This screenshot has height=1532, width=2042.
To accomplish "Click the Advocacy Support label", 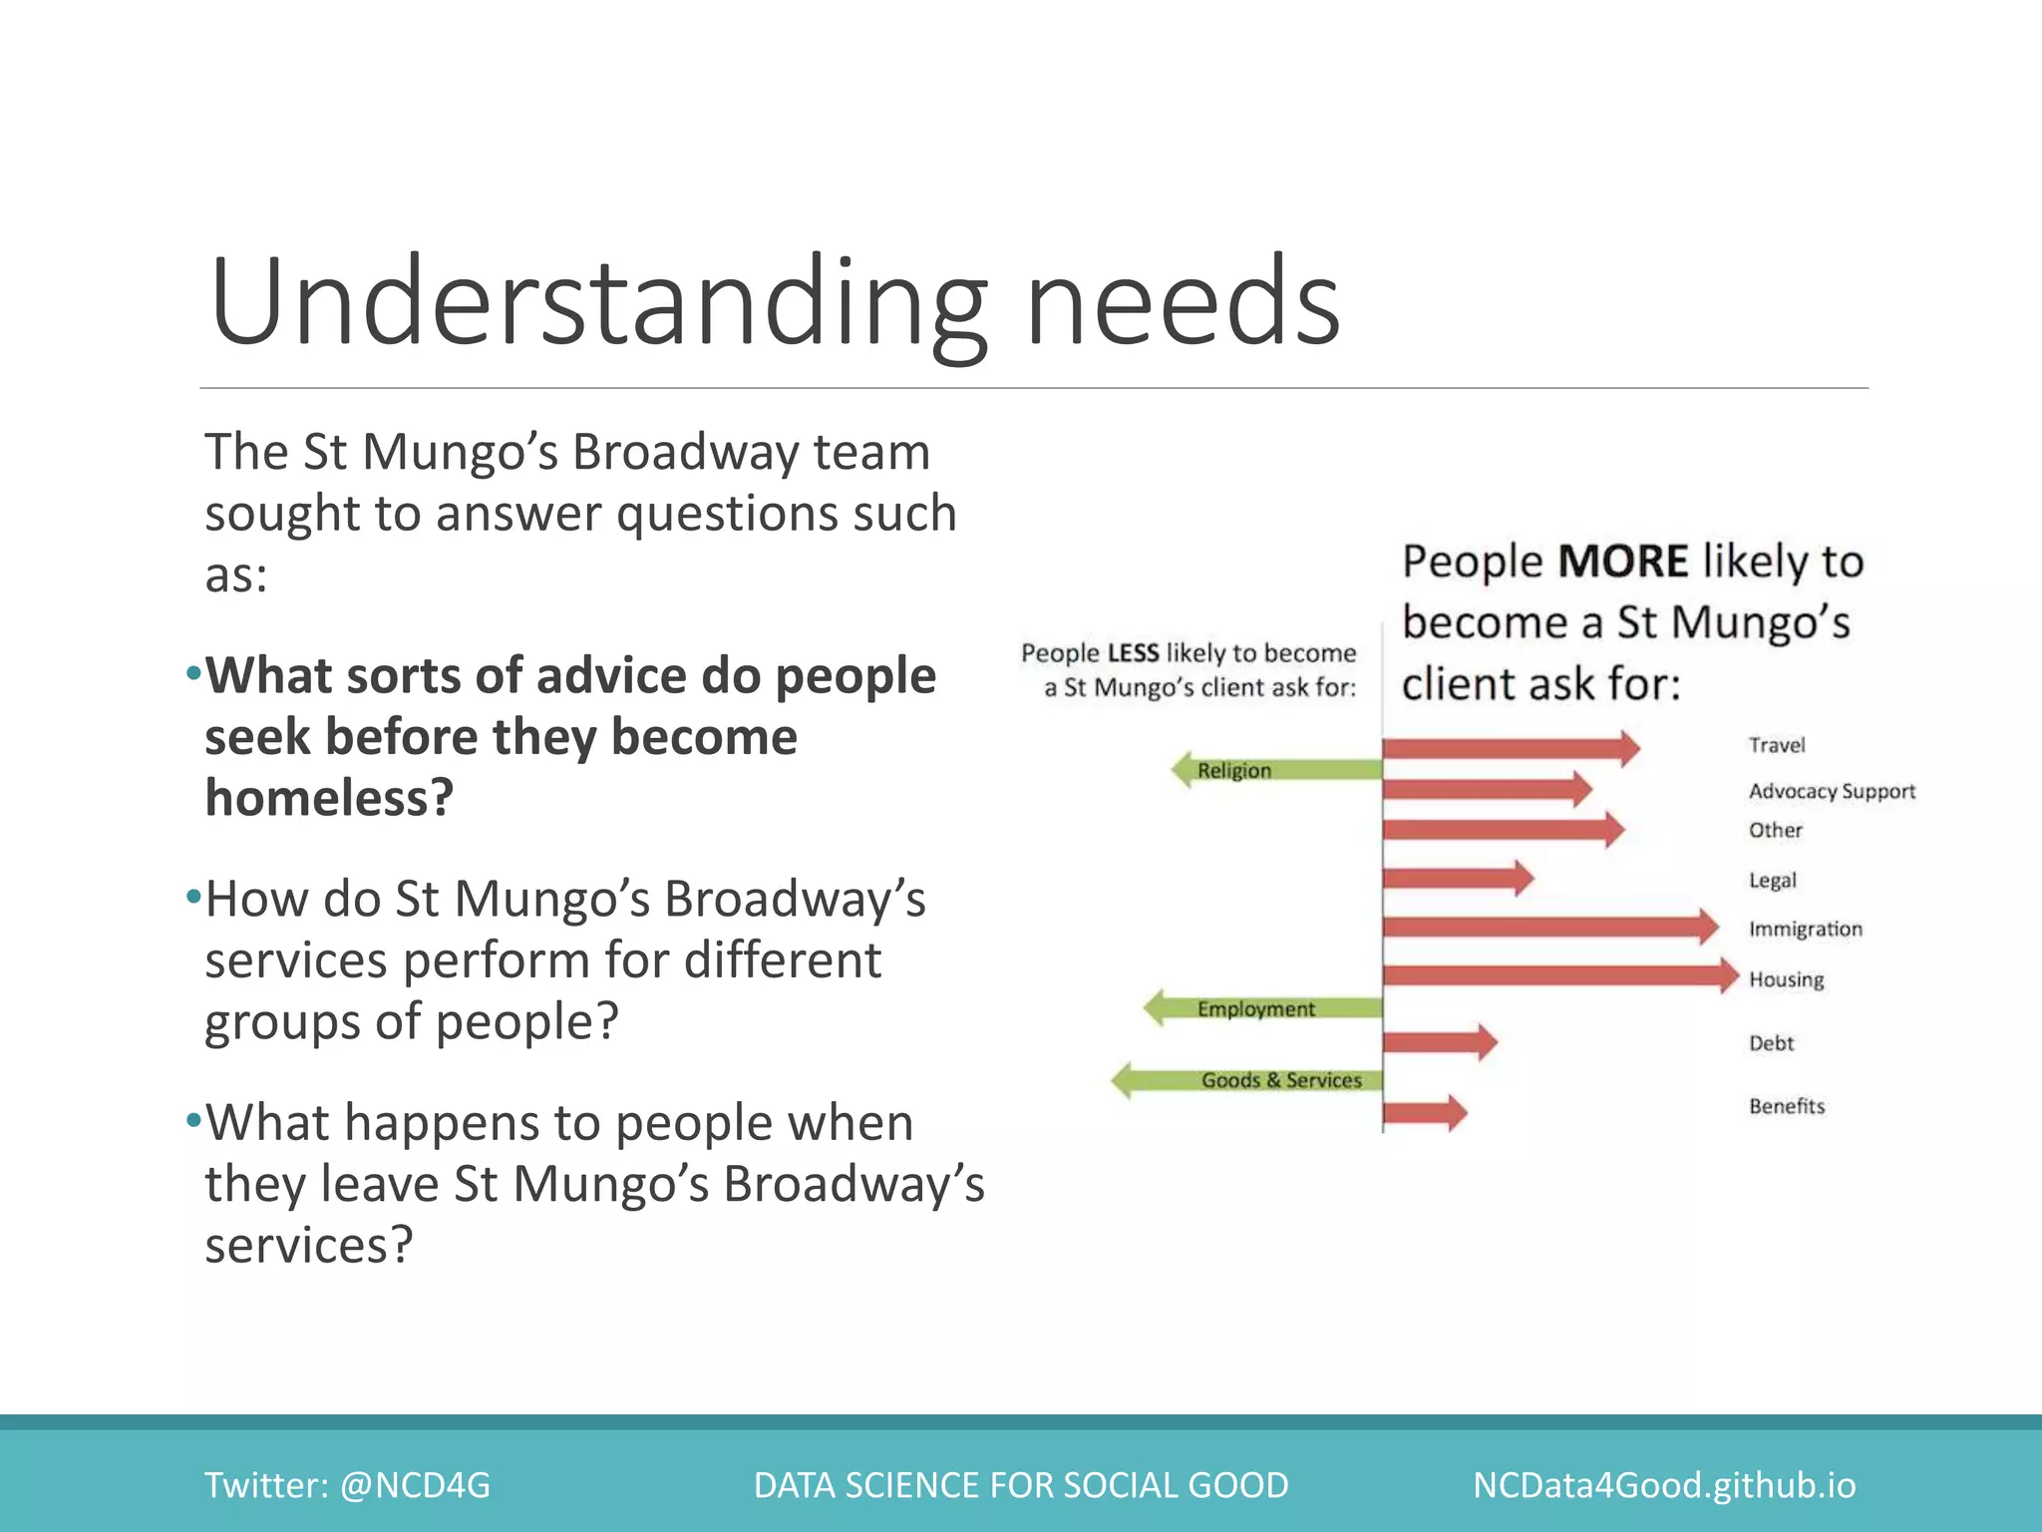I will point(1831,792).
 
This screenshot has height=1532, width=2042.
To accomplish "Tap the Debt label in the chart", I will point(1770,1043).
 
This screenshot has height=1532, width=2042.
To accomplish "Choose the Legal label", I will point(1772,881).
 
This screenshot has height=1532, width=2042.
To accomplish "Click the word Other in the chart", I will point(1775,830).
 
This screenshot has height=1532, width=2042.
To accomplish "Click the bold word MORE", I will point(1622,562).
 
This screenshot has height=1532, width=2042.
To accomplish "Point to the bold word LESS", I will point(1133,653).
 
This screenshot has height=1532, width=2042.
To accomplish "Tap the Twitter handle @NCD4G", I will point(415,1485).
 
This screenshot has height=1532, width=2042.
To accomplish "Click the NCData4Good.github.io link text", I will point(1663,1485).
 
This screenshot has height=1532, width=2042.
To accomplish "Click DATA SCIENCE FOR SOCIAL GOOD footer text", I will point(1020,1485).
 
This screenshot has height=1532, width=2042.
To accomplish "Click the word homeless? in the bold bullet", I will point(329,798).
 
